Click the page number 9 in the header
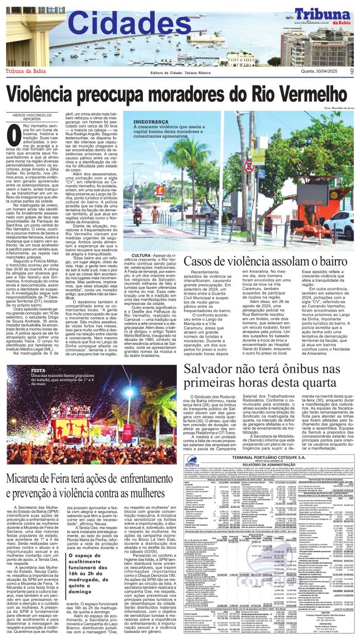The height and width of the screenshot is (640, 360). click(351, 71)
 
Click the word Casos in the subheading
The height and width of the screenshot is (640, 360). click(203, 261)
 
